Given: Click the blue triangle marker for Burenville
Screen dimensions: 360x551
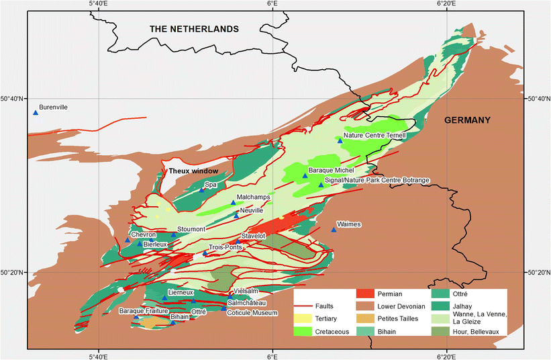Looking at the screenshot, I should point(36,112).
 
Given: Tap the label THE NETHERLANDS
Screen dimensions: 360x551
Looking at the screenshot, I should point(194,30).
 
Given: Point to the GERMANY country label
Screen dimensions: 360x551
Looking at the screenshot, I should point(467,120).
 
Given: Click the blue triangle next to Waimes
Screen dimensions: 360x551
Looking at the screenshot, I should point(334,230).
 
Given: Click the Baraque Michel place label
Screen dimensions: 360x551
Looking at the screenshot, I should point(331,171).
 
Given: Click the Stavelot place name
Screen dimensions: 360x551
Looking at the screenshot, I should point(253,236).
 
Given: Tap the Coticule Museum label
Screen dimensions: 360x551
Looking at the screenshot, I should point(250,312).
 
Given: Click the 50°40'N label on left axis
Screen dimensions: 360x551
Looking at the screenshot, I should point(13,99).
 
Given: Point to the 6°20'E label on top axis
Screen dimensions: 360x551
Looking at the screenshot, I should point(446,5).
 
